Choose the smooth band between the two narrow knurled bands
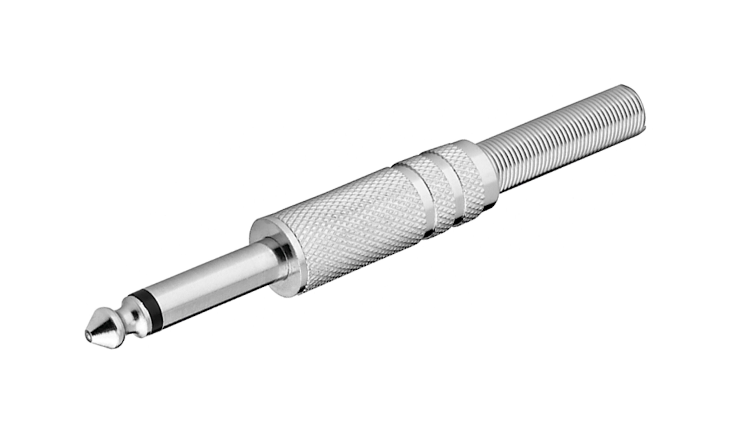(448, 181)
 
